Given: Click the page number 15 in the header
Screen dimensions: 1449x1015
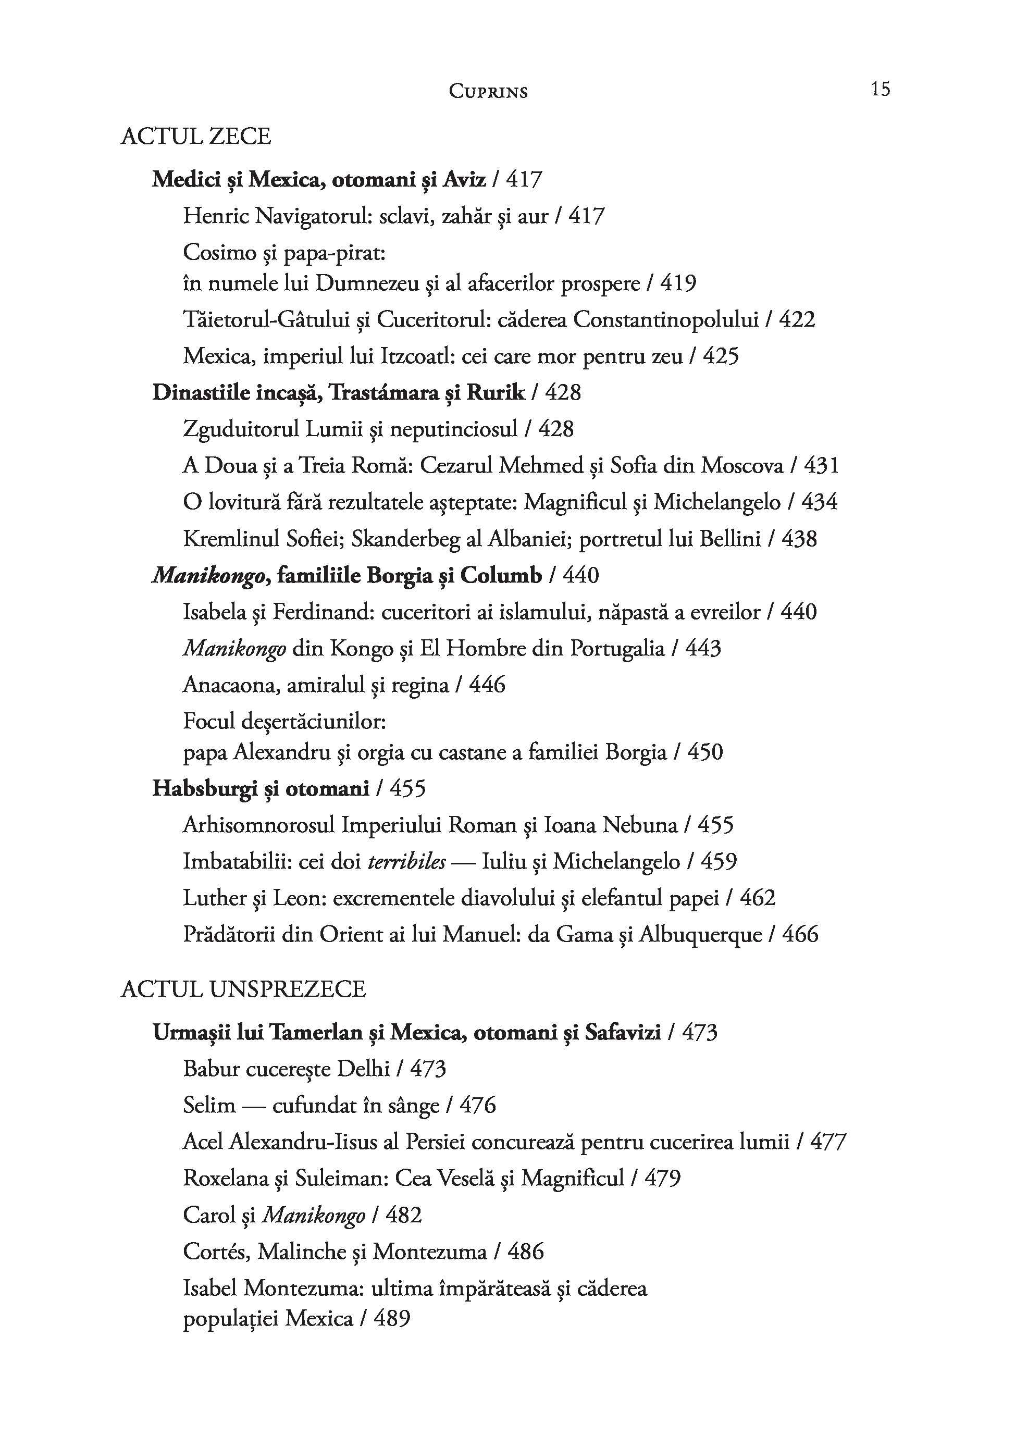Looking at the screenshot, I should pos(880,89).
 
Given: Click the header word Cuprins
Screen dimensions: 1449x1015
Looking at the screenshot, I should pos(488,92).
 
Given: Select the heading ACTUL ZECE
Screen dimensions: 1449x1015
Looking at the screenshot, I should pos(196,137).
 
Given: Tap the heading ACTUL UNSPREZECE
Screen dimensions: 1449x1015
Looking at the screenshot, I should pos(243,989).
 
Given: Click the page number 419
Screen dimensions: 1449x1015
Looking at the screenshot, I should pos(678,283).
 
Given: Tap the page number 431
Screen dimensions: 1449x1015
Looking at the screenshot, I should pos(821,466).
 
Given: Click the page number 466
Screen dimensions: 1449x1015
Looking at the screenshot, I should pos(800,934).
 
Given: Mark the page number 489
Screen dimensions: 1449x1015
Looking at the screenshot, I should pos(392,1319).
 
